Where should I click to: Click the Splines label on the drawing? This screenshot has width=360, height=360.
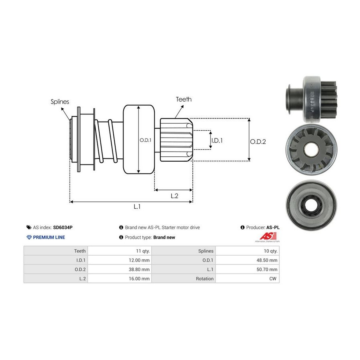(x=60, y=102)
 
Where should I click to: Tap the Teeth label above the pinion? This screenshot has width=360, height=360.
(x=184, y=99)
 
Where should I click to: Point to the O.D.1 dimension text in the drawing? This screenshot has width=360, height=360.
(x=145, y=140)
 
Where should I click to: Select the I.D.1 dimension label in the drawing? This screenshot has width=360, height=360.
(x=217, y=140)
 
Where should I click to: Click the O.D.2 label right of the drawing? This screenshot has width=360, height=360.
(x=258, y=141)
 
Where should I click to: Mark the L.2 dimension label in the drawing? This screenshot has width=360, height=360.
(x=174, y=196)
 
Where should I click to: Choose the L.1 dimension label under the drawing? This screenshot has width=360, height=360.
(x=137, y=206)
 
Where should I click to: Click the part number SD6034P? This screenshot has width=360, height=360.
(x=63, y=227)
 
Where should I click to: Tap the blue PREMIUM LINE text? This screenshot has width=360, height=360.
(x=49, y=237)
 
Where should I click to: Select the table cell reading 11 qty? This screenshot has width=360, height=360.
(x=142, y=251)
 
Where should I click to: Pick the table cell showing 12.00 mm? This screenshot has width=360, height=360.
(x=140, y=260)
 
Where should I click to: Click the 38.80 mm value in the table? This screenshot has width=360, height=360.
(x=140, y=269)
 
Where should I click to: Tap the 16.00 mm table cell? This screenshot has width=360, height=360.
(x=140, y=278)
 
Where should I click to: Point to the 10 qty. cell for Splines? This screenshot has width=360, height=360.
(x=270, y=251)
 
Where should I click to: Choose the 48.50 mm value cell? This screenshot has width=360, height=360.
(x=267, y=260)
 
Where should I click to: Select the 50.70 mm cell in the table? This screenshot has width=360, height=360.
(x=267, y=269)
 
